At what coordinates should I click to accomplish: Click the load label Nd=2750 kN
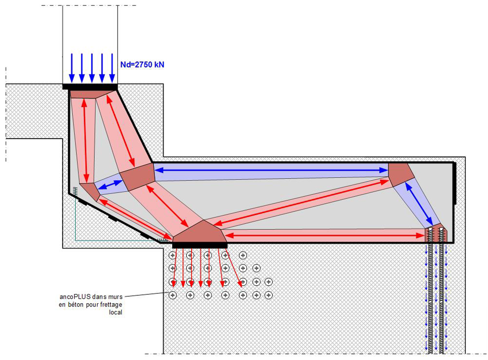point(142,64)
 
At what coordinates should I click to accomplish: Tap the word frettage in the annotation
point(112,305)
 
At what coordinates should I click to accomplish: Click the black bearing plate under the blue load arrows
point(90,87)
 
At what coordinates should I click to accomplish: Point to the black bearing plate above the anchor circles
point(200,245)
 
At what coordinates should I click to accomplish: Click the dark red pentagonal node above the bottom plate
point(200,232)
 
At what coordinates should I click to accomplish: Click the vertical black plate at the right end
point(454,184)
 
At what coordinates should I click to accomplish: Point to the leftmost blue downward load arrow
point(71,68)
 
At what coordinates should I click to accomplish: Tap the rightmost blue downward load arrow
point(112,68)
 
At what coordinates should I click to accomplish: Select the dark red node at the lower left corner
point(90,190)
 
